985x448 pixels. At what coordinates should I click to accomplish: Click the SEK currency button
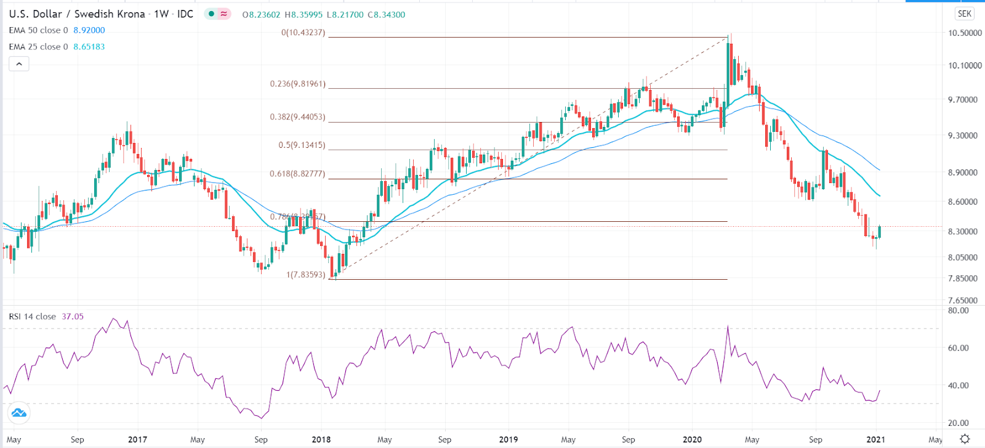tap(964, 14)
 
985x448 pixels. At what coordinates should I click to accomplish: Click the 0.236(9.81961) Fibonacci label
tap(298, 84)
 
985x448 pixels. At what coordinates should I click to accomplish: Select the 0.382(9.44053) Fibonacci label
tap(298, 117)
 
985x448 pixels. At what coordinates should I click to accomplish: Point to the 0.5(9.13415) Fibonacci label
tap(302, 145)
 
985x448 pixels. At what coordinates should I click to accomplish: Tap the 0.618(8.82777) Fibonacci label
tap(298, 174)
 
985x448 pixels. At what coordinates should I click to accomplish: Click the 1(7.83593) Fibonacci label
tap(306, 275)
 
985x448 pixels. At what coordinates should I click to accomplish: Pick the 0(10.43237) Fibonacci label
tap(304, 33)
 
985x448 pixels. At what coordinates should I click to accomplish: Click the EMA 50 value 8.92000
tap(89, 30)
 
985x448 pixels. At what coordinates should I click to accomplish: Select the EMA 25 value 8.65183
tap(89, 47)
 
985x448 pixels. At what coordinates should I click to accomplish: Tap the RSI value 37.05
tap(73, 317)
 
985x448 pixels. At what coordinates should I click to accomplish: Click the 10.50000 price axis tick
tap(965, 33)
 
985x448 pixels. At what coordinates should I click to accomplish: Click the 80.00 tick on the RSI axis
tap(959, 311)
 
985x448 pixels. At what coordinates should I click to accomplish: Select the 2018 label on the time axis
tap(321, 439)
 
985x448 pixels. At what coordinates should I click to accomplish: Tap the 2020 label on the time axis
tap(693, 439)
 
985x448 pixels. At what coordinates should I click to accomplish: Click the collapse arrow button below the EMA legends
tap(19, 63)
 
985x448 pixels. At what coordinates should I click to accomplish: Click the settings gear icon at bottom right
tap(965, 439)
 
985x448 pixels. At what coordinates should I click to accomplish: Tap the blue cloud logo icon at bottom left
tap(19, 412)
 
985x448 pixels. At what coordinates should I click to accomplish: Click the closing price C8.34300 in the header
tap(387, 15)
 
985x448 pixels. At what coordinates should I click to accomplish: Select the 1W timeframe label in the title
tap(161, 14)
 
